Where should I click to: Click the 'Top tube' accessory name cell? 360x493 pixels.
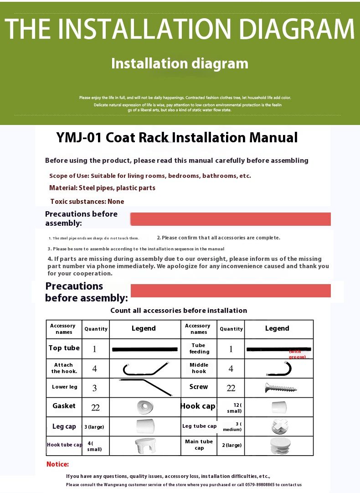click(x=64, y=348)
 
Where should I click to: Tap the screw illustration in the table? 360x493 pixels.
click(x=281, y=388)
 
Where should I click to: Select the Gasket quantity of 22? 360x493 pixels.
click(x=95, y=407)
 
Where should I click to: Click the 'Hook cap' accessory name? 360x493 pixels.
click(x=198, y=406)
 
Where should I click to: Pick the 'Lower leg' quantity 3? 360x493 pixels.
click(x=95, y=388)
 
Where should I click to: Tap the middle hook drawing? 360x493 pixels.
click(x=278, y=368)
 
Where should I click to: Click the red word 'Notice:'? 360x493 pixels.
click(x=57, y=464)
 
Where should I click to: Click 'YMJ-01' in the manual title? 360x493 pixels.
click(x=79, y=138)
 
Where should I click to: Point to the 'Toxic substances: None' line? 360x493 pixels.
click(x=87, y=202)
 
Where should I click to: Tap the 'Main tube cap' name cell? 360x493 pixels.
click(x=199, y=445)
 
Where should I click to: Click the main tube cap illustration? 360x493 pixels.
click(x=280, y=446)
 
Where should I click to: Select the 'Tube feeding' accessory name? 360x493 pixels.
click(x=199, y=348)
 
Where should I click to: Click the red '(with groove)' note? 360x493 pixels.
click(x=297, y=354)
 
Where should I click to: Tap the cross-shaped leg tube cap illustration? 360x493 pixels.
click(x=279, y=426)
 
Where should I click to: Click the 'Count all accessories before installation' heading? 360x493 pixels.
click(x=179, y=311)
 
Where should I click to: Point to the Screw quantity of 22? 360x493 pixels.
click(x=231, y=388)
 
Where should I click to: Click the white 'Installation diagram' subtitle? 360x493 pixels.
click(x=180, y=63)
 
